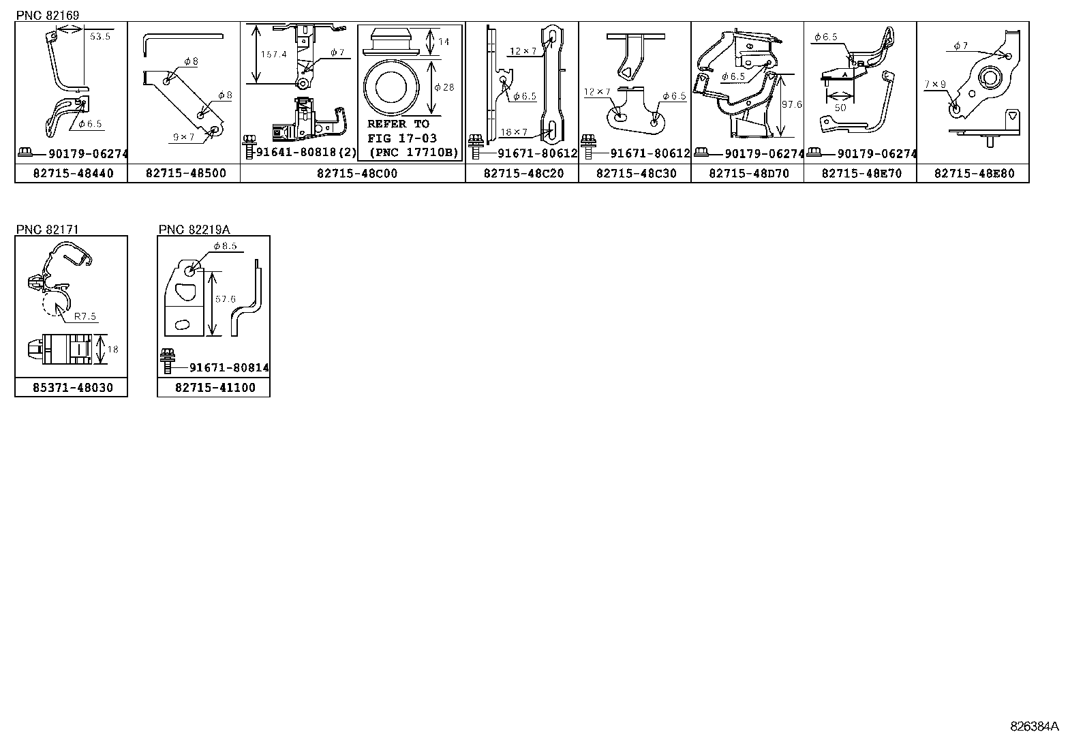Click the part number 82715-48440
73,173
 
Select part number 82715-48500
186,173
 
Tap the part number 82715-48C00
357,173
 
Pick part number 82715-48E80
974,173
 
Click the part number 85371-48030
73,388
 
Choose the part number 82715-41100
215,388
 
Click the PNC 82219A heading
194,229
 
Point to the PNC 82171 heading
48,229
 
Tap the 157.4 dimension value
274,55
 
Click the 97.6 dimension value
791,104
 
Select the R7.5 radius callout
85,316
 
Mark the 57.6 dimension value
225,299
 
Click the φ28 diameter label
444,87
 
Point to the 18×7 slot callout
513,132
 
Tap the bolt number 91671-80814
229,368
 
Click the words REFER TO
398,124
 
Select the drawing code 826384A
1034,727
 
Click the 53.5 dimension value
100,36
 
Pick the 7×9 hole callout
935,85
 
